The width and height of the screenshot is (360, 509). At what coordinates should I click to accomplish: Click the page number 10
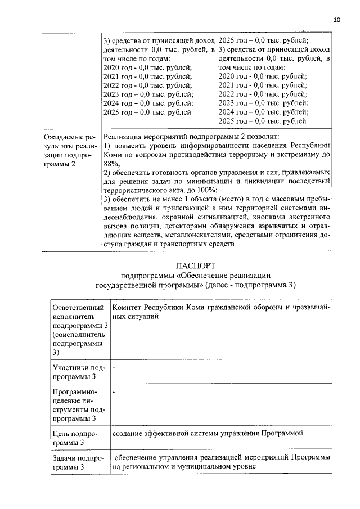point(337,20)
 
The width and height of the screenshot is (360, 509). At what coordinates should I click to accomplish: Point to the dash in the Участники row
point(114,367)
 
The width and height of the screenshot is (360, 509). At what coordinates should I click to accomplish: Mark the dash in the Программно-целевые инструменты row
point(114,391)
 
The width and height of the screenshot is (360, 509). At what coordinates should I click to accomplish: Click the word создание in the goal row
point(129,434)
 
